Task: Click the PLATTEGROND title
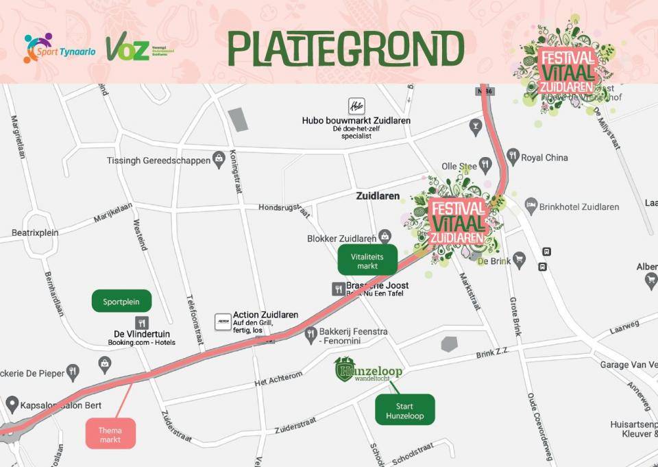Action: [345, 49]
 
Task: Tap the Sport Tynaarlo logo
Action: [52, 48]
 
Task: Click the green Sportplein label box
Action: [121, 301]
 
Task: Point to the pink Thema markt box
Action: [110, 433]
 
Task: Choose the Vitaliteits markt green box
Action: [367, 260]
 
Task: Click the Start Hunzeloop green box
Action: [405, 409]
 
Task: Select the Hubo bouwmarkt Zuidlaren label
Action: [356, 121]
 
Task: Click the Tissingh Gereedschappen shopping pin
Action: [219, 160]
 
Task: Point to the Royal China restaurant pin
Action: [513, 157]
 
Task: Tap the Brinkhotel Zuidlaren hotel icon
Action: [531, 206]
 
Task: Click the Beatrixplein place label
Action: [35, 233]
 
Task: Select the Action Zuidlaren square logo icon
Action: [223, 321]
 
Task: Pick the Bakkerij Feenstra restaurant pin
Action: [310, 333]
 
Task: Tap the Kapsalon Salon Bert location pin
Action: [12, 404]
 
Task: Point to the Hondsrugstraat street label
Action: [284, 207]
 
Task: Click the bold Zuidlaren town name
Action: [378, 196]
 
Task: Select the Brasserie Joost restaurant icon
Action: [337, 289]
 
